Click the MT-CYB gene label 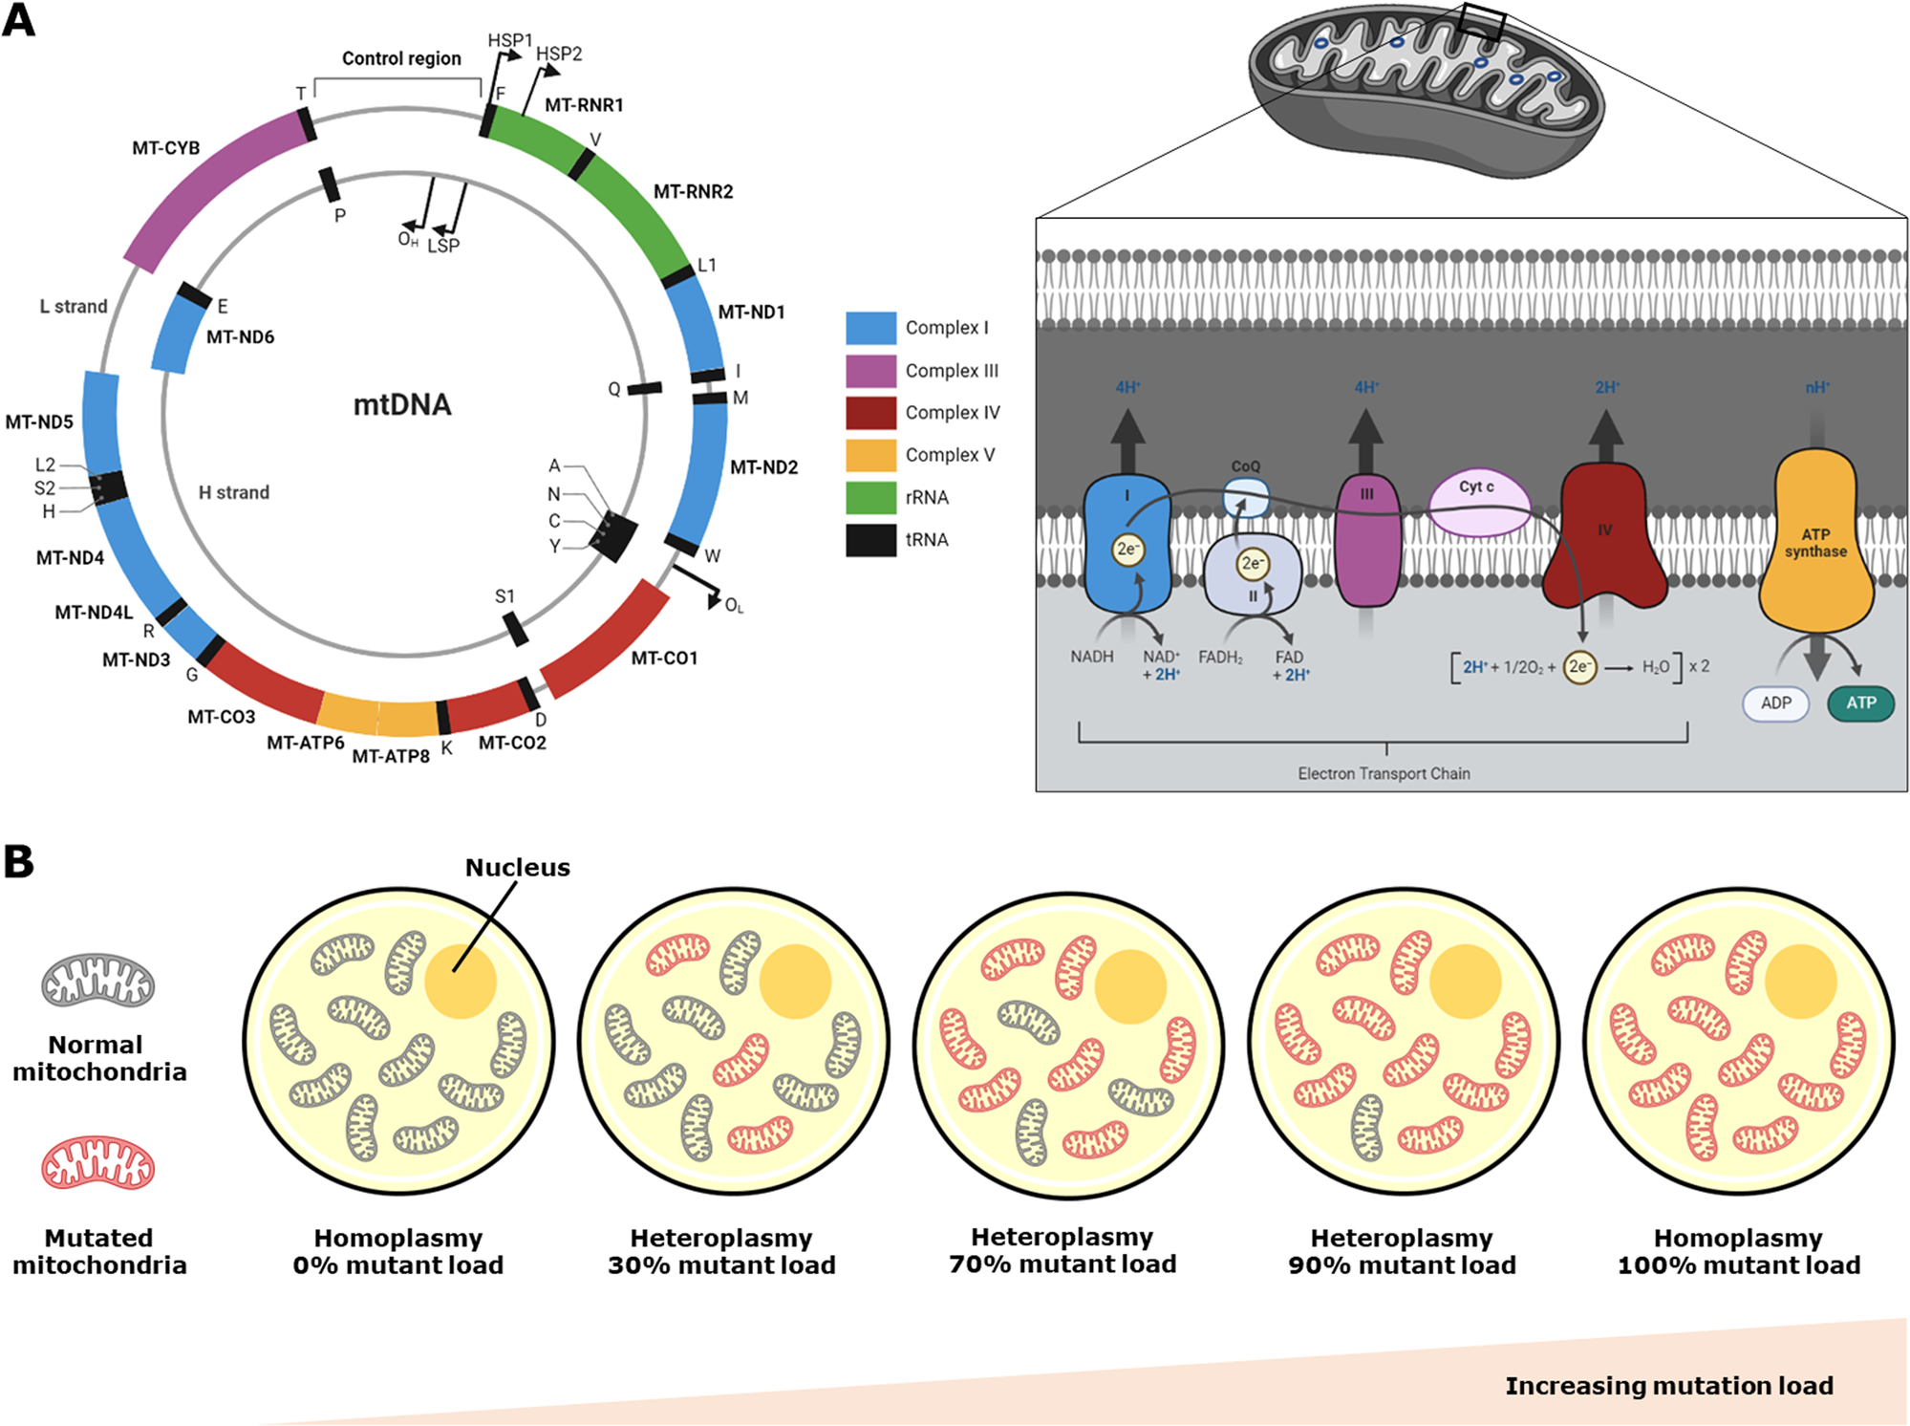click(165, 148)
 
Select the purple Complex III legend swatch click(870, 370)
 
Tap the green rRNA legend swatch click(870, 497)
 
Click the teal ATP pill click(1859, 703)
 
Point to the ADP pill click(1775, 703)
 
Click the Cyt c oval click(1478, 501)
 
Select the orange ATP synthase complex click(1815, 541)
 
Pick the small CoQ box click(1246, 496)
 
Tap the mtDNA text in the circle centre click(402, 405)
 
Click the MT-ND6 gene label click(240, 336)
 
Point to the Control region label click(401, 58)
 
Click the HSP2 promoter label click(559, 54)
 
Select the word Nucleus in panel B click(517, 867)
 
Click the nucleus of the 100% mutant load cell click(1800, 982)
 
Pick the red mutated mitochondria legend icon click(97, 1162)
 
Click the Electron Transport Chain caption click(1384, 773)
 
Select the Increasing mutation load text click(1668, 1386)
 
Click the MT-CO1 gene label click(664, 659)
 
